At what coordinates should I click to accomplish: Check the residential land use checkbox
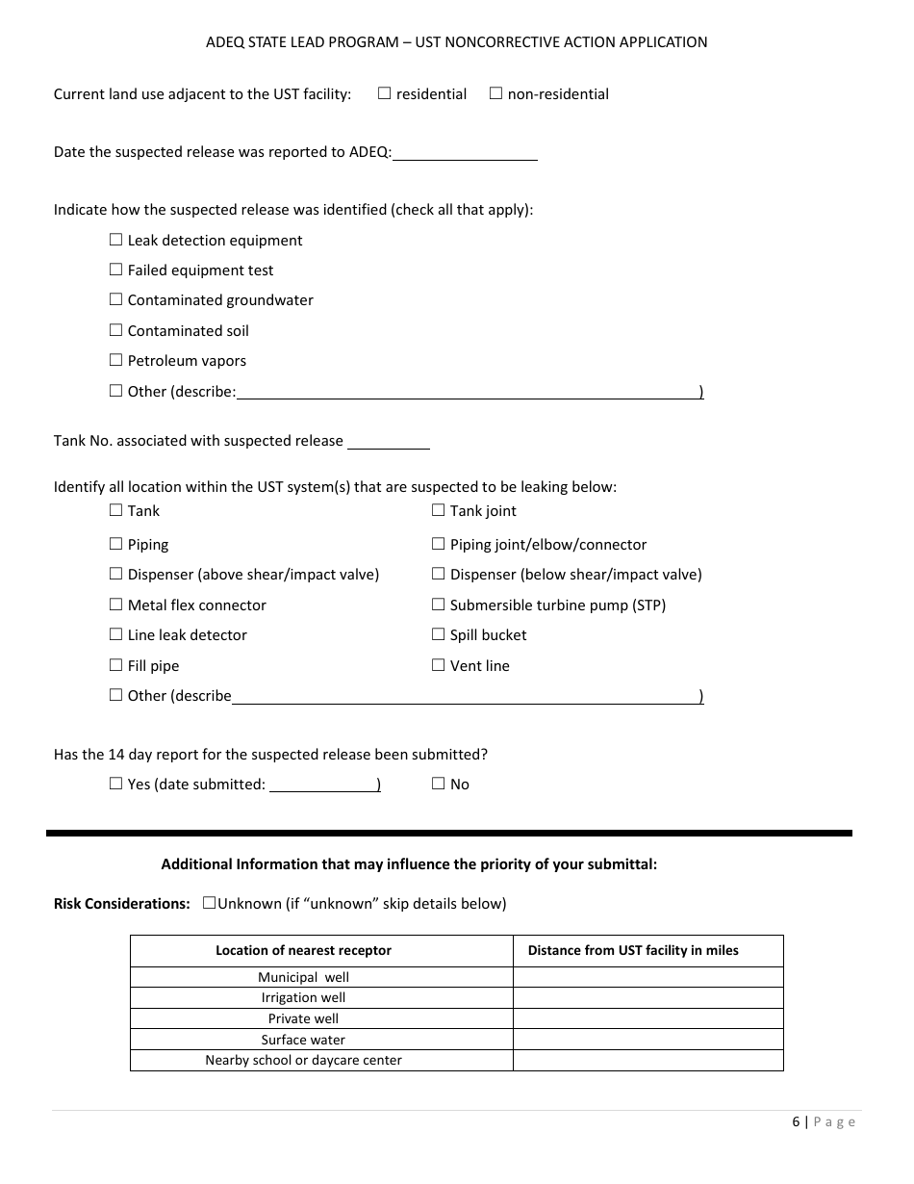click(384, 93)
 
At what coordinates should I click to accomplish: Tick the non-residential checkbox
click(495, 93)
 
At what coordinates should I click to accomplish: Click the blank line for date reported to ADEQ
click(465, 153)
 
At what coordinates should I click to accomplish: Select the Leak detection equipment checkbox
click(115, 240)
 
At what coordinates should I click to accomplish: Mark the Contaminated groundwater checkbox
click(115, 299)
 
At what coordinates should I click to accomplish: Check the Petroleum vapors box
click(115, 360)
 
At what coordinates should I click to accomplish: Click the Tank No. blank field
click(388, 442)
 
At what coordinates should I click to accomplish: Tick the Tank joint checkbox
click(438, 510)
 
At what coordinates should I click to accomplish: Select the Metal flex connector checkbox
click(115, 605)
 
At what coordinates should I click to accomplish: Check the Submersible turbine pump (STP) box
click(438, 605)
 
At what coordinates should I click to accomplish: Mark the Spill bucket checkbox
click(438, 634)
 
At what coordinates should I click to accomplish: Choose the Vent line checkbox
click(438, 665)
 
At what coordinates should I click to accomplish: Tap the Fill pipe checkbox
click(115, 665)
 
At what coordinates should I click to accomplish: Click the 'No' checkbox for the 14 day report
click(438, 784)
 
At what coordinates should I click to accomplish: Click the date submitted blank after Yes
click(323, 785)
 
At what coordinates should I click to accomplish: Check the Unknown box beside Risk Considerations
click(209, 903)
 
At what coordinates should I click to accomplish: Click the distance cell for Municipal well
click(647, 977)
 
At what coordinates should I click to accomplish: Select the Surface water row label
click(303, 1040)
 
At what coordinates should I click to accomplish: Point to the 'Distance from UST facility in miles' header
click(633, 950)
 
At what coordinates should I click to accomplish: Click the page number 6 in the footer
click(796, 1121)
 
